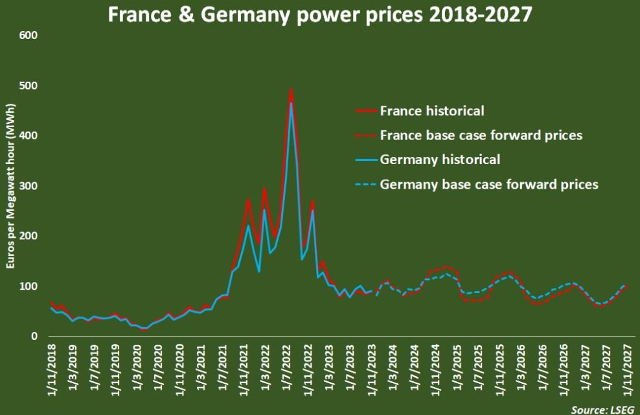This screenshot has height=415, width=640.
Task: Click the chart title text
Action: (x=320, y=14)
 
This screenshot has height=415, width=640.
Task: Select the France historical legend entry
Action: (x=432, y=111)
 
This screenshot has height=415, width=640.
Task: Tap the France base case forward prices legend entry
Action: (x=481, y=136)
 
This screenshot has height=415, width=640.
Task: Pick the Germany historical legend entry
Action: (x=440, y=160)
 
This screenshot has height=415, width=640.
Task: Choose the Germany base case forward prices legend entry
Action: (x=489, y=184)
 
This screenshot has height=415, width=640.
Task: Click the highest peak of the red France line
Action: (x=291, y=89)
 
